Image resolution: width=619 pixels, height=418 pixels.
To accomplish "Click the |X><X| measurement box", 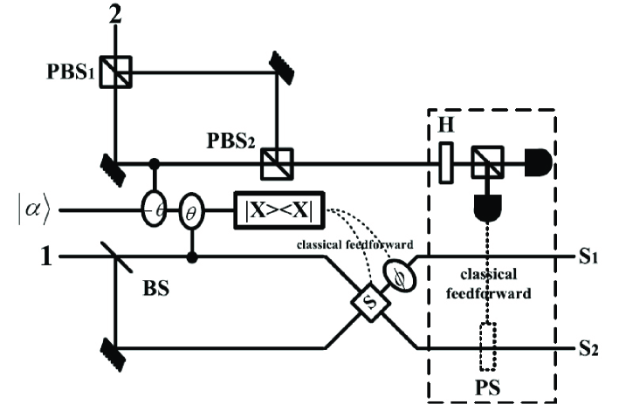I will [x=279, y=210].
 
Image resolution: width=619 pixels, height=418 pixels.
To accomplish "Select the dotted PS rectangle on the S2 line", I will [x=487, y=348].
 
